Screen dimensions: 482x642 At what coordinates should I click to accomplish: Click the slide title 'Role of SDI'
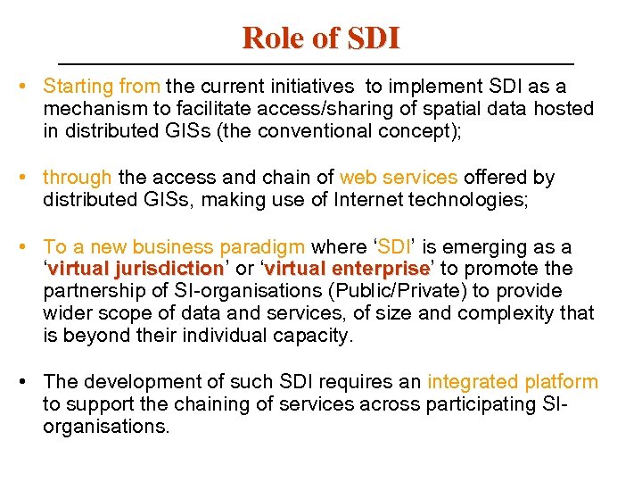click(321, 37)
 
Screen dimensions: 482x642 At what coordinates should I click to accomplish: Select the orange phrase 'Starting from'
click(102, 87)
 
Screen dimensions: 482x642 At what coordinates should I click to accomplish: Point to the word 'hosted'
click(564, 109)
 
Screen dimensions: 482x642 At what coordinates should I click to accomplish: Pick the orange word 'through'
click(77, 178)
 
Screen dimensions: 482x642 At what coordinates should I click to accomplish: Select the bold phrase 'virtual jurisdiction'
click(136, 269)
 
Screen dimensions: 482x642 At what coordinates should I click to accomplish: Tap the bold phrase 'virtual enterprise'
click(349, 269)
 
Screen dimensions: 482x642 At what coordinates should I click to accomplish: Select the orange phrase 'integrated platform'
click(513, 382)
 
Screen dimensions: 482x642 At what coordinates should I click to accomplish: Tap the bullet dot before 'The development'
click(29, 382)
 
